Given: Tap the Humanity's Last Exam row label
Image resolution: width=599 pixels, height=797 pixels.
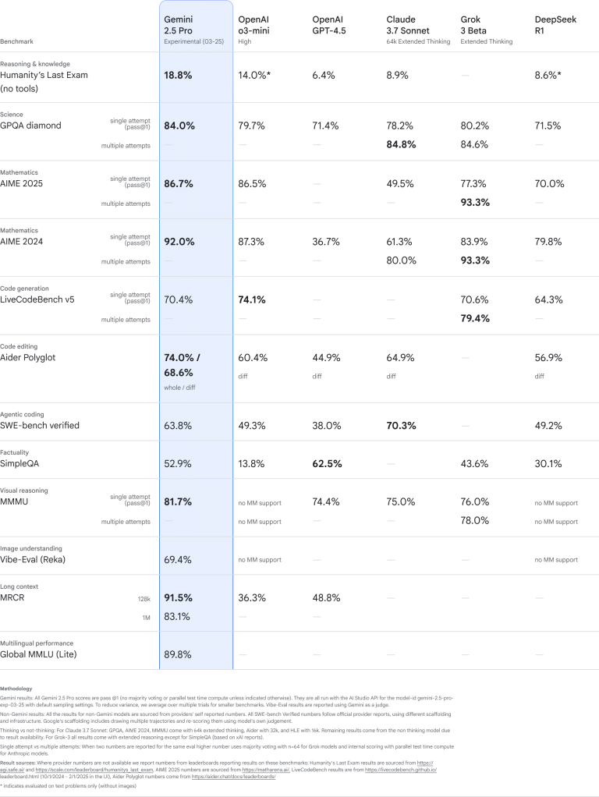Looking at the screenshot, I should pos(44,76).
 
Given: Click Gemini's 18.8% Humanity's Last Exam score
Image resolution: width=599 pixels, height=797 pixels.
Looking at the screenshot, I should pos(178,76).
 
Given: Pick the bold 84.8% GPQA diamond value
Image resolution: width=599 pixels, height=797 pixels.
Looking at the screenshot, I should pos(401,144).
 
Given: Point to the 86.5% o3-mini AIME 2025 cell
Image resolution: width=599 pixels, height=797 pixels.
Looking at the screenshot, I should pos(252,184).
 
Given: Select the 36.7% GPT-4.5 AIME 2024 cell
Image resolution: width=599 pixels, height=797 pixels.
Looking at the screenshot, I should pos(326,242).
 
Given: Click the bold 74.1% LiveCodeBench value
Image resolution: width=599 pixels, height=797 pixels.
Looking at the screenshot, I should pos(253,299).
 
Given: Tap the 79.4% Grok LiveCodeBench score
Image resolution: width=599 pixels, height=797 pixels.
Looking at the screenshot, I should pos(475,318).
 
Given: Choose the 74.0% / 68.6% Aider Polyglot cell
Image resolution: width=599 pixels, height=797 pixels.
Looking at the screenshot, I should pos(183,364).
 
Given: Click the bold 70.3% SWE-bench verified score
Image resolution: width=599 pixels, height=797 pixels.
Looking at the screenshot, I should pos(401,426).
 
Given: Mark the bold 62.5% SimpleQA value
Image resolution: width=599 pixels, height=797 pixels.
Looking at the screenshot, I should pos(327,464).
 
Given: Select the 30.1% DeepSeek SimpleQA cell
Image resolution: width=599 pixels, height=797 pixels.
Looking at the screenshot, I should pos(549,464).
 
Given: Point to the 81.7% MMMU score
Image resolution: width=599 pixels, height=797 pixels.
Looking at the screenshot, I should pos(178,502).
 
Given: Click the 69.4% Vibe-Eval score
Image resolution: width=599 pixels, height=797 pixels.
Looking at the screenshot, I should pos(178,560).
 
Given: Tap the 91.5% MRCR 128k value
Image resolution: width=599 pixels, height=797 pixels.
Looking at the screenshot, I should pos(178,597).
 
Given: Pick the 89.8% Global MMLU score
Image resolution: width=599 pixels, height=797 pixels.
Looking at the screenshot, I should pos(178,654).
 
